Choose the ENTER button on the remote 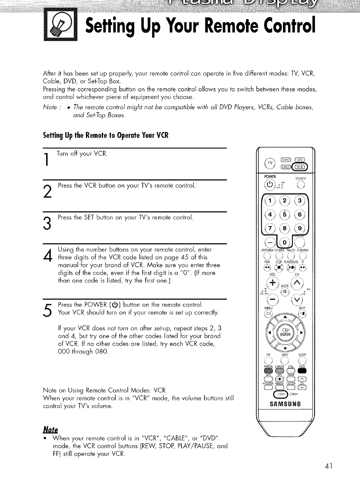click(285, 334)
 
